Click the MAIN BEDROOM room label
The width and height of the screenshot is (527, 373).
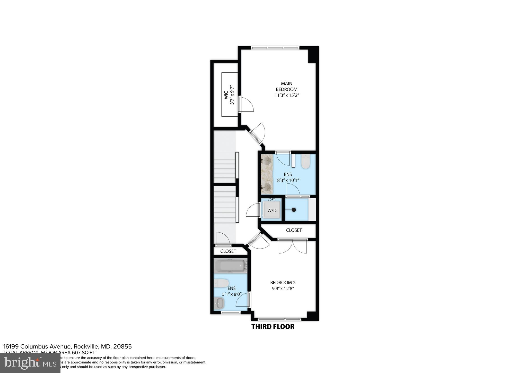tap(286, 86)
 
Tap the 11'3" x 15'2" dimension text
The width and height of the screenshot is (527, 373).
tap(287, 95)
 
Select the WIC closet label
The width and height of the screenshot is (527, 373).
tap(226, 95)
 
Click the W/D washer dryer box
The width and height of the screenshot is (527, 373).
tap(271, 210)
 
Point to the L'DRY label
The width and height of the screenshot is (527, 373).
tap(271, 200)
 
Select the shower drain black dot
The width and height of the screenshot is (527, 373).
tap(294, 210)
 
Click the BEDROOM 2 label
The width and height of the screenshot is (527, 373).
tap(283, 283)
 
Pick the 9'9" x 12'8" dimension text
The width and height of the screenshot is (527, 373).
tap(283, 289)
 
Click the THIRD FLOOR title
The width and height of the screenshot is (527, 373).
tap(273, 327)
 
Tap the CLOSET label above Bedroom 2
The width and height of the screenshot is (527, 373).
tap(294, 230)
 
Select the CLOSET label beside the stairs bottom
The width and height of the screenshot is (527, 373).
tap(228, 251)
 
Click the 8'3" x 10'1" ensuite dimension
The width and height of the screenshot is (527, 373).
tap(288, 181)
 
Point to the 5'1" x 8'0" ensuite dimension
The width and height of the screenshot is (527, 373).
tap(232, 294)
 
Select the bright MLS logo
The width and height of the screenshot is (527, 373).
tap(30, 363)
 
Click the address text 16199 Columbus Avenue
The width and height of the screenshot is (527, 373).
tap(67, 346)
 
